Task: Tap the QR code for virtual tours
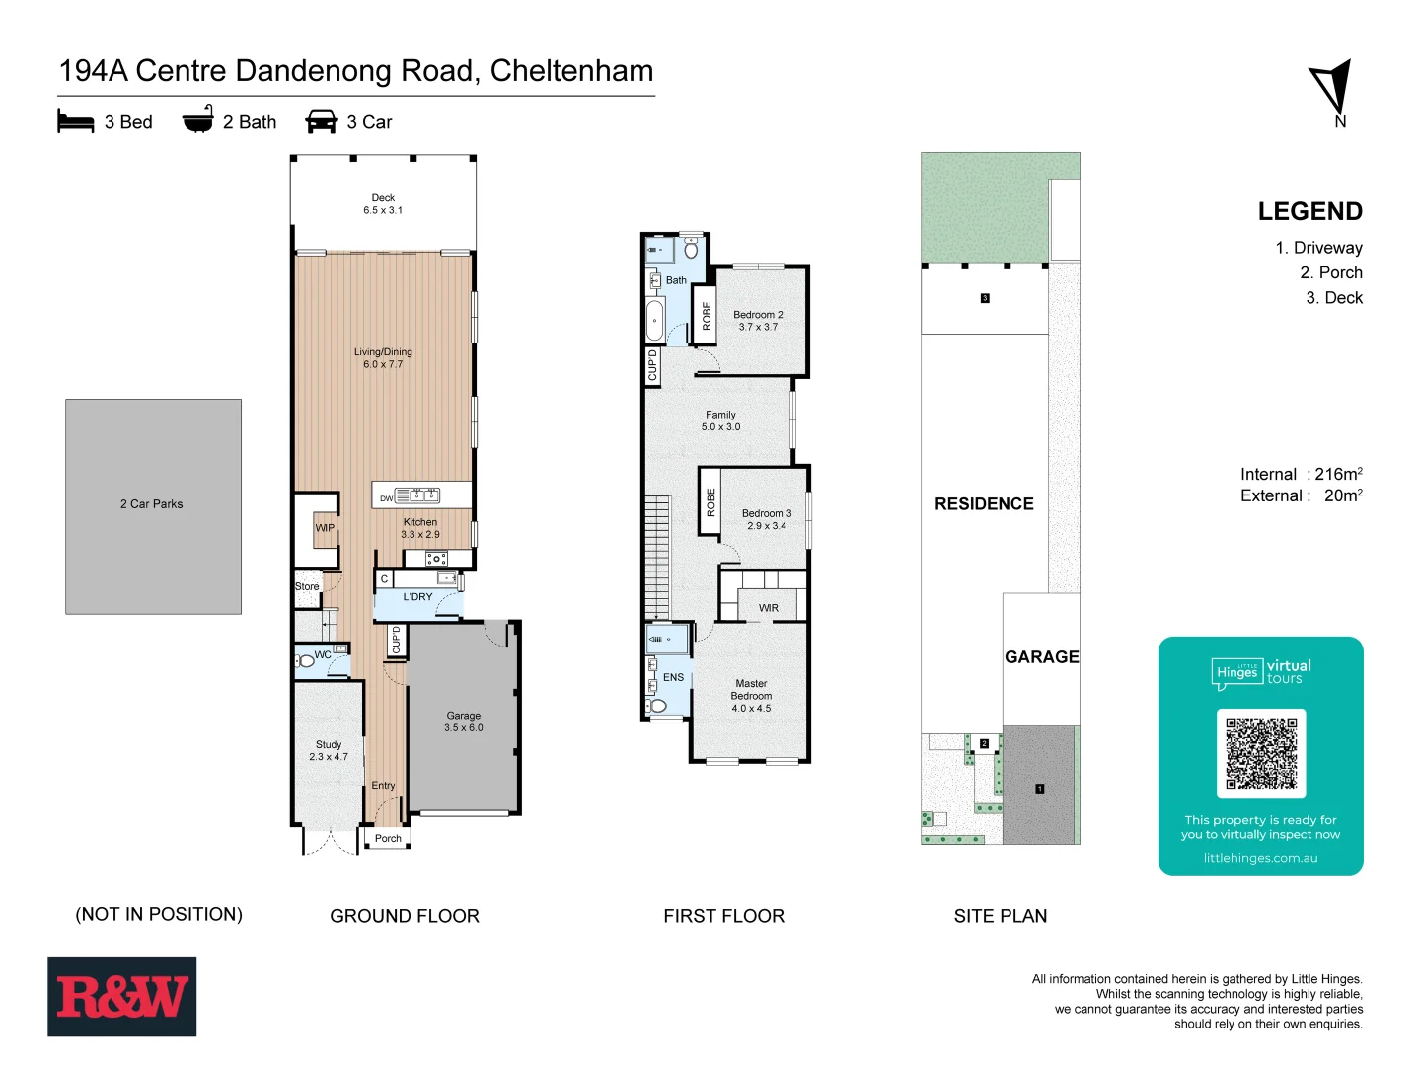pos(1260,753)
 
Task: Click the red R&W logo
pos(121,997)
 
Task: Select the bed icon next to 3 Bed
pos(76,121)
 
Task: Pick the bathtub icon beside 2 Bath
pos(198,120)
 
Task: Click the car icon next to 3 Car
pos(322,121)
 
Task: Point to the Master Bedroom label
pos(751,696)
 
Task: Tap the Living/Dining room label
pos(383,358)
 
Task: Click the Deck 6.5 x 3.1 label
pos(383,204)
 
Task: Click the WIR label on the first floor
pos(769,608)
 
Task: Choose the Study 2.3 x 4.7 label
pos(329,751)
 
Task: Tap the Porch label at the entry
pos(388,839)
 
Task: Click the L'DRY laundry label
pos(417,597)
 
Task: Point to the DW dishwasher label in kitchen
pos(387,498)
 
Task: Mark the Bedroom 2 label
pos(758,321)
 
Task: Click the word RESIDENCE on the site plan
pos(984,504)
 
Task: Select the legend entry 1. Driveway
pos(1318,248)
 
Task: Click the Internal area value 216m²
pos(1338,475)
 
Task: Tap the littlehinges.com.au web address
pos(1260,858)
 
